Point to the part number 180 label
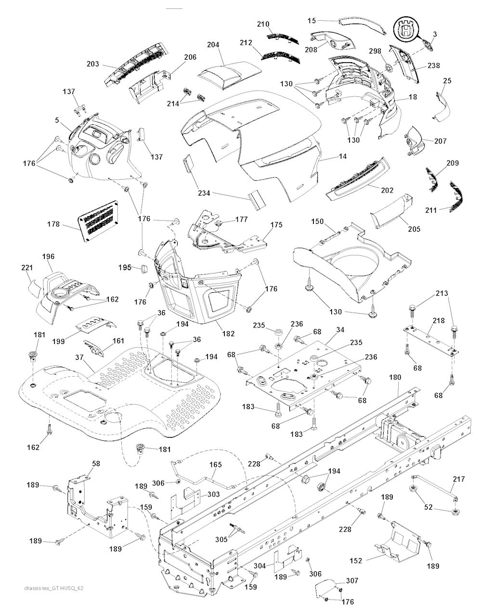394,378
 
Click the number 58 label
96,463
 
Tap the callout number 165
215,465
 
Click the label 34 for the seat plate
340,330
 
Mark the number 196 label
48,257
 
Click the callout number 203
93,64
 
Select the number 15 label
311,20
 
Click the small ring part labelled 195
143,268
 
